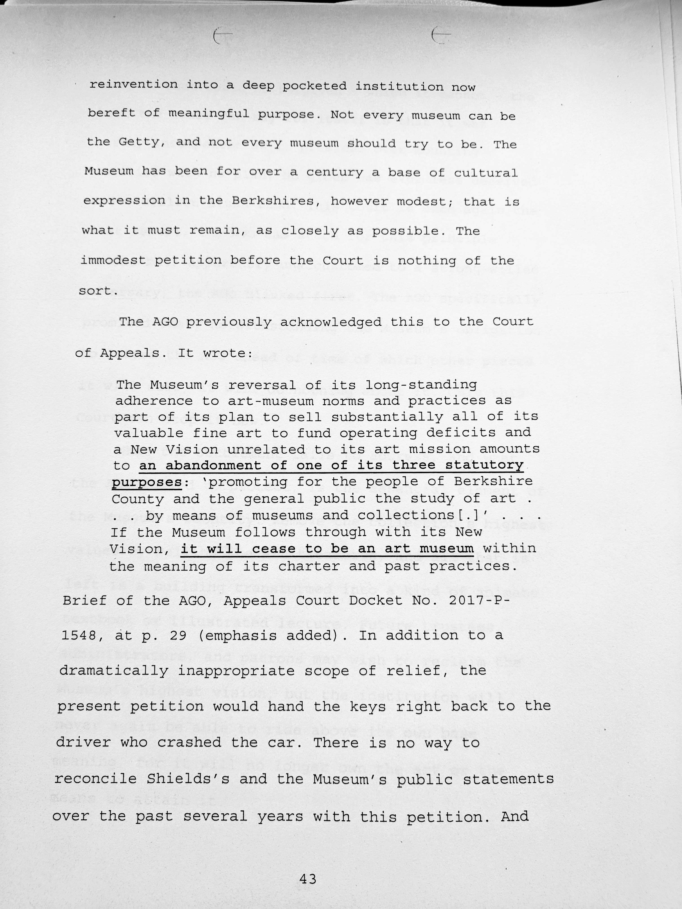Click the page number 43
pos(308,879)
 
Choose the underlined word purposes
pos(146,482)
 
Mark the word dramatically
pos(114,671)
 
